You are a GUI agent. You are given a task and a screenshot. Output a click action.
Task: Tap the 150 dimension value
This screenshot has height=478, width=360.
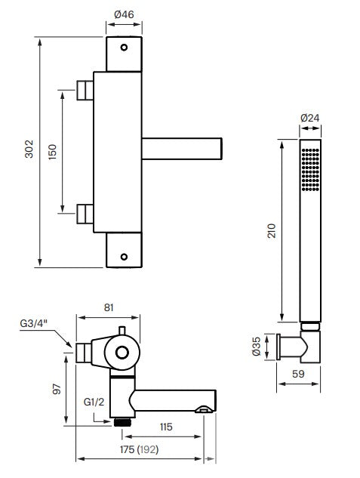click(x=52, y=151)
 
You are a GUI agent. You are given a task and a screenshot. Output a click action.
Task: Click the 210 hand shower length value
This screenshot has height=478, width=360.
click(x=271, y=230)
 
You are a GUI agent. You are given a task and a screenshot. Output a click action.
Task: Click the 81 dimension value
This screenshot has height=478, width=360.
click(x=109, y=307)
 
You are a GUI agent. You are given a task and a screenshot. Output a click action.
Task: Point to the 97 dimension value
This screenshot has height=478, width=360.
click(x=56, y=390)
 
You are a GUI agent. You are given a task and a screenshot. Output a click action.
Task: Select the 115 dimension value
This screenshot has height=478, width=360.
click(x=167, y=427)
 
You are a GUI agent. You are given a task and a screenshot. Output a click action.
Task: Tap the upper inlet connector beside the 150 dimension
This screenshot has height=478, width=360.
click(x=85, y=92)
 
